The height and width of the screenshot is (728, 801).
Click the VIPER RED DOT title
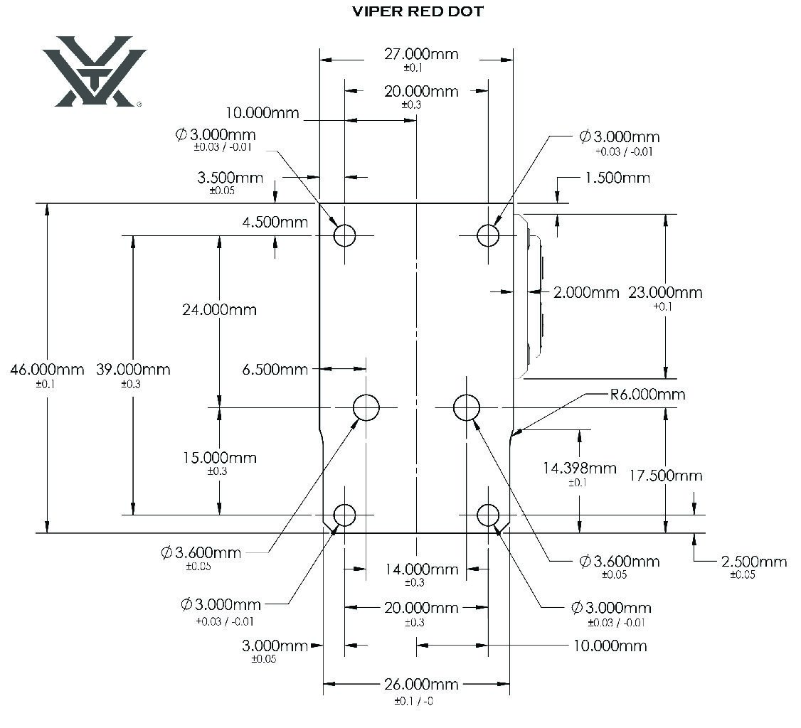pos(418,12)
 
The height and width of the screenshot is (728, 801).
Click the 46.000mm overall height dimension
pos(47,370)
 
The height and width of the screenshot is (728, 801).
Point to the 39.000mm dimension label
pos(133,370)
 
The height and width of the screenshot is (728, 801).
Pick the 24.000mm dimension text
pos(219,310)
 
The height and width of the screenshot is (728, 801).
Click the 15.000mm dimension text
pos(219,458)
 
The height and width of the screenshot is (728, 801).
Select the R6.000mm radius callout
pos(647,394)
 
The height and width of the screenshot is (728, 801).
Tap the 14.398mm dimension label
pos(579,468)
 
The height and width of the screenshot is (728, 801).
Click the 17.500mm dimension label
pos(665,476)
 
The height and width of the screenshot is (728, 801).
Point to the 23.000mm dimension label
pos(665,293)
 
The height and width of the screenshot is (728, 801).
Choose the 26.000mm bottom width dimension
pos(421,685)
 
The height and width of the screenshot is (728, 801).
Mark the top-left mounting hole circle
pos(345,235)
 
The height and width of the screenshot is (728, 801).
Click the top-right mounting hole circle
pos(488,235)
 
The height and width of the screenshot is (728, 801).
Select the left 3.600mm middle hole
pos(366,407)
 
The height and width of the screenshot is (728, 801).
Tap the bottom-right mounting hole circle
pos(488,515)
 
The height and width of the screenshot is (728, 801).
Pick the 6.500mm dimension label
pos(275,369)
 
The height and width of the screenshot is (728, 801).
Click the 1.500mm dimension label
pos(617,178)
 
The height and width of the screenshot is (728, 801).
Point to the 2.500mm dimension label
pos(754,562)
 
